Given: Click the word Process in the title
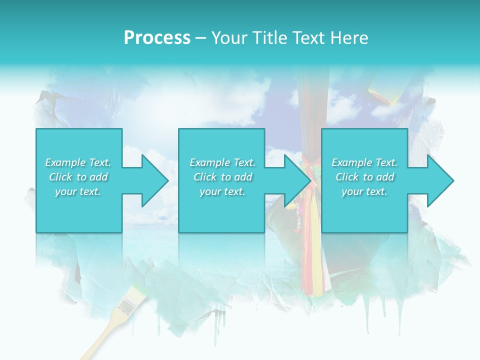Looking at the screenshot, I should pyautogui.click(x=157, y=38).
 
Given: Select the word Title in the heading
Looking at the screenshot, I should pyautogui.click(x=270, y=38).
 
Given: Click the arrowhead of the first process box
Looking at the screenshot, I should pyautogui.click(x=152, y=180).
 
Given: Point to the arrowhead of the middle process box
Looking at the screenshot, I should pyautogui.click(x=295, y=180).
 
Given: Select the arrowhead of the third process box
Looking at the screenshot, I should pyautogui.click(x=438, y=180).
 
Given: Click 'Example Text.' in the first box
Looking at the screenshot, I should pyautogui.click(x=78, y=162).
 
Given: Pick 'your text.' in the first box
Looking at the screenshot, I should pyautogui.click(x=78, y=191).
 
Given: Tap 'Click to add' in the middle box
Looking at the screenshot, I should pyautogui.click(x=222, y=177).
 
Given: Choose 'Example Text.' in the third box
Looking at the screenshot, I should pyautogui.click(x=364, y=162).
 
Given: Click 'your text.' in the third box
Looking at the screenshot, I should pyautogui.click(x=364, y=191).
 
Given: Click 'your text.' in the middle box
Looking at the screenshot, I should pyautogui.click(x=222, y=191).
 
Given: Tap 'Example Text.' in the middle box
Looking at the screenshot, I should pyautogui.click(x=222, y=162).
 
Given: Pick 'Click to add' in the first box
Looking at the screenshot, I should pyautogui.click(x=78, y=177).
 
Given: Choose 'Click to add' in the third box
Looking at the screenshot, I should pyautogui.click(x=364, y=177).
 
